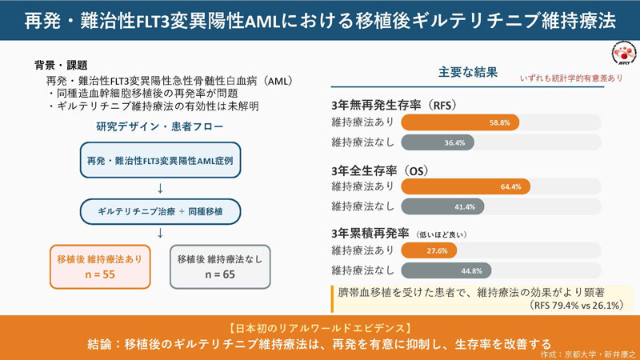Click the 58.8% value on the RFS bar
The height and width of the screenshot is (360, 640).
(x=499, y=122)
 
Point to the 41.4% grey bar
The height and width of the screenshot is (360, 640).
(x=443, y=206)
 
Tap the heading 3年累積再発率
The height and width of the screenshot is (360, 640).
(x=370, y=234)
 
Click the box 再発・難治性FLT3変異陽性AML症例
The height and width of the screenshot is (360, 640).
(x=160, y=162)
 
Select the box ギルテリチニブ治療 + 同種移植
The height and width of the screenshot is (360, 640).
(x=160, y=211)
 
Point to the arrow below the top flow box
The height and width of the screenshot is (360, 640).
(x=160, y=188)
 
